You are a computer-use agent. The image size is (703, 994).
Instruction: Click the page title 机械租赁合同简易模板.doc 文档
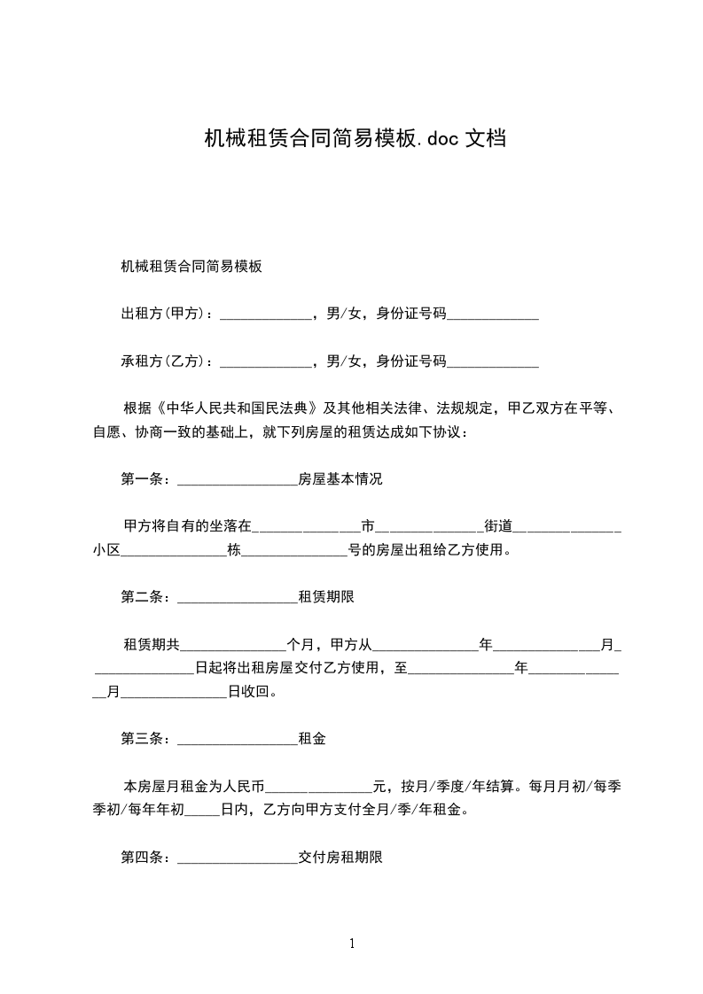coord(355,138)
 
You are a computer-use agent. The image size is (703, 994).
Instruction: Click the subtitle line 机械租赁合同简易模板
coord(191,266)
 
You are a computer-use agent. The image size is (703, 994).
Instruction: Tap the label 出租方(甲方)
coord(163,313)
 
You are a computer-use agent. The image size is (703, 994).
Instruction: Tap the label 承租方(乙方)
coord(163,361)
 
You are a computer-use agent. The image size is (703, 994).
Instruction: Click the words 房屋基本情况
coord(340,480)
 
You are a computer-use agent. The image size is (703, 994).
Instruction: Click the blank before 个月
coord(233,645)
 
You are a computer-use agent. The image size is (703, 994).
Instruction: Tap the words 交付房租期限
coord(340,858)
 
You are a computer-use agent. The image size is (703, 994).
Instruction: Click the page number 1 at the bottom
coord(352,944)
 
